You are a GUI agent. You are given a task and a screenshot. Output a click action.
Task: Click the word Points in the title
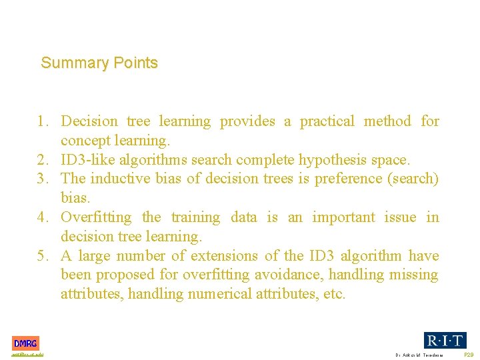pos(135,63)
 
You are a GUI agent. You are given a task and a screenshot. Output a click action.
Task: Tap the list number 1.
pos(43,121)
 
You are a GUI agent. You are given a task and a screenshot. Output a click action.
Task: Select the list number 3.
pos(43,179)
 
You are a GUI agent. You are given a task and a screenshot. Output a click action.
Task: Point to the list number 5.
pos(43,256)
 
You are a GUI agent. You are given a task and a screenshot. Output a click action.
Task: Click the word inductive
pos(117,179)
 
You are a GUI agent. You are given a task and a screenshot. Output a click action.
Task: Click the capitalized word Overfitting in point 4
pos(97,217)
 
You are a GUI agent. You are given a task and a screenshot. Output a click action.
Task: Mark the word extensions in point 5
pos(225,256)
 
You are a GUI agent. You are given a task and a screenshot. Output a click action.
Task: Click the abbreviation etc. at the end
pos(333,294)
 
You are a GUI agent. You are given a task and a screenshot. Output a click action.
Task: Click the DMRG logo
pos(25,343)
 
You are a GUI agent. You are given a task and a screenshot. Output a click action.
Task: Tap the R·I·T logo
pos(445,340)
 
